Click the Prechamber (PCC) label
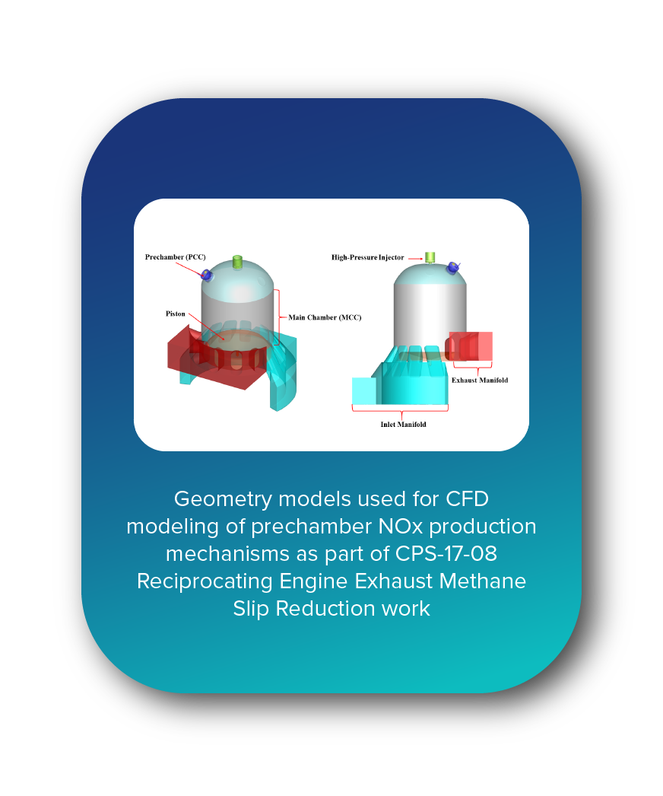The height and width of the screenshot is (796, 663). pos(175,257)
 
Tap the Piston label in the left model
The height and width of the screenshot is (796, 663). pos(176,314)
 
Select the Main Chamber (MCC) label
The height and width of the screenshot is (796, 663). pos(324,317)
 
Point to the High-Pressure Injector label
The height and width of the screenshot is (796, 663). pos(367,257)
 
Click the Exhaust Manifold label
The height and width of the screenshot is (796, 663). pos(479,380)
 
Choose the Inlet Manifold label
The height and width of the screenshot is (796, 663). pos(403,424)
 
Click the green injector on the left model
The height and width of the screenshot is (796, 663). pos(237,262)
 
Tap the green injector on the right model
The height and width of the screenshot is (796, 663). pos(430,256)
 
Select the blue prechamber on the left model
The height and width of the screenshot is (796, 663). pos(206,274)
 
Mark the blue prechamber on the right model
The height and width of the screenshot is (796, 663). pos(453,267)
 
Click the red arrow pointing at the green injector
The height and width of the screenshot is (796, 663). pos(415,257)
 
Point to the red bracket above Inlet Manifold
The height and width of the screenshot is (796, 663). pos(400,409)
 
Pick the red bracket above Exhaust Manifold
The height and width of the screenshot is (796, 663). pos(472,369)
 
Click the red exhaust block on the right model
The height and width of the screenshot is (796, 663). pos(471,345)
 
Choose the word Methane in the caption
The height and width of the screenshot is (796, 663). pos(484,581)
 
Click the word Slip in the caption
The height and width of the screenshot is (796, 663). pos(251,609)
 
